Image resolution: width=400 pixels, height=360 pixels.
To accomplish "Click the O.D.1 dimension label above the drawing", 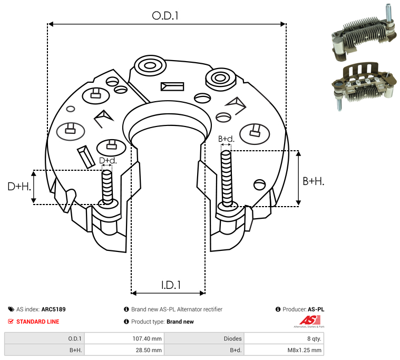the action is pyautogui.click(x=165, y=16).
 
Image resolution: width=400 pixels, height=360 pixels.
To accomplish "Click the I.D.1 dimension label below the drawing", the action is pyautogui.click(x=171, y=285).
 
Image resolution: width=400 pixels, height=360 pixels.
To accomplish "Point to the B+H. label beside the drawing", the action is pyautogui.click(x=313, y=181).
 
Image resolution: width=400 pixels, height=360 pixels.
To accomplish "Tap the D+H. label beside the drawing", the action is pyautogui.click(x=19, y=187).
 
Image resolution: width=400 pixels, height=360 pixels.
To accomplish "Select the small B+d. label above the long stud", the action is pyautogui.click(x=226, y=139).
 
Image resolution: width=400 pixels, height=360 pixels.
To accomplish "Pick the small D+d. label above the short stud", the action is pyautogui.click(x=108, y=160).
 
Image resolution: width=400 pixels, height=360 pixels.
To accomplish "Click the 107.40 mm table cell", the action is pyautogui.click(x=147, y=338).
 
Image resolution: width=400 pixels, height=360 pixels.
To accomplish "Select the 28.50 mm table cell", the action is pyautogui.click(x=149, y=350).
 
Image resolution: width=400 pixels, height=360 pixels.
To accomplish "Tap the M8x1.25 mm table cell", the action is pyautogui.click(x=304, y=350).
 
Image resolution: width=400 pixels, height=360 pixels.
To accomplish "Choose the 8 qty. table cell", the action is pyautogui.click(x=314, y=338).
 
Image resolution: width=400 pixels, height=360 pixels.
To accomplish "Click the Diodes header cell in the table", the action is pyautogui.click(x=232, y=338).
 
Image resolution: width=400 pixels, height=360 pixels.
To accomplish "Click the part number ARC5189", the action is pyautogui.click(x=54, y=309).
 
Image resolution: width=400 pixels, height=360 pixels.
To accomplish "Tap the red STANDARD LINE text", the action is pyautogui.click(x=38, y=322).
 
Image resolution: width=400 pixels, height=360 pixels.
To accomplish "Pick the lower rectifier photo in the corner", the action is pyautogui.click(x=364, y=86).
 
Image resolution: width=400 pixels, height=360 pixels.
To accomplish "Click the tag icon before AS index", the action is pyautogui.click(x=11, y=309).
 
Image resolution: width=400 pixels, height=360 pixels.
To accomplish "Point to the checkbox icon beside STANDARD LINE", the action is pyautogui.click(x=11, y=322).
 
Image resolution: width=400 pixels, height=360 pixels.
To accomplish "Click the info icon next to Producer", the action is pyautogui.click(x=278, y=309).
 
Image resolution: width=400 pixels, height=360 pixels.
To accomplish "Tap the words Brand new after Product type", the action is pyautogui.click(x=180, y=322).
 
